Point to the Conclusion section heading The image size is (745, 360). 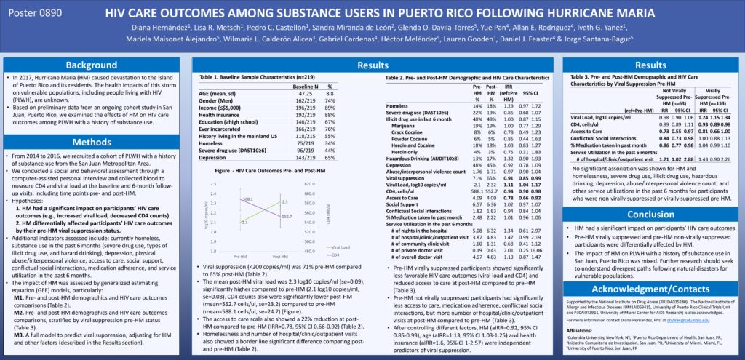[652, 215]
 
